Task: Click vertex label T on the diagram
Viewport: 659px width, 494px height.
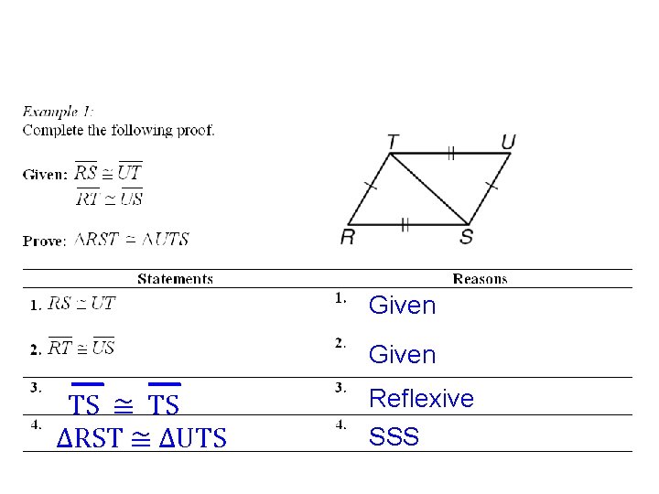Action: (393, 142)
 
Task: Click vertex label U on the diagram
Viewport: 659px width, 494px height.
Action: (508, 142)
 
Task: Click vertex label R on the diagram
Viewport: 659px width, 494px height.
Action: (348, 237)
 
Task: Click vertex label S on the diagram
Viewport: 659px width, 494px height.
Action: (467, 237)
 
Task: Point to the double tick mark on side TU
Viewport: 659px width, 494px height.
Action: (450, 154)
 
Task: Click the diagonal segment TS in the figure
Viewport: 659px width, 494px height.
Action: (430, 188)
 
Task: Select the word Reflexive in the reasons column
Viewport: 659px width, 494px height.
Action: (421, 399)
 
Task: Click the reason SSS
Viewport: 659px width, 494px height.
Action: (394, 437)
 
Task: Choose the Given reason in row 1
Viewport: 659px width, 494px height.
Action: (402, 306)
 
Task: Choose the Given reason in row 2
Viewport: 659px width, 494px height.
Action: (402, 354)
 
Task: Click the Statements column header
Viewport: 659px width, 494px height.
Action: (175, 279)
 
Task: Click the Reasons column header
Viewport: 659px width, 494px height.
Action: (480, 279)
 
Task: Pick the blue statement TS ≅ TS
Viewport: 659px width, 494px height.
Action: (124, 403)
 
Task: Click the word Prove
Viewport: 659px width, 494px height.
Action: (44, 241)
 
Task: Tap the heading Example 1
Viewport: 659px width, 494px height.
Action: (58, 112)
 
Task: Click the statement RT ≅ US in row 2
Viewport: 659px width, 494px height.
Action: (81, 348)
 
